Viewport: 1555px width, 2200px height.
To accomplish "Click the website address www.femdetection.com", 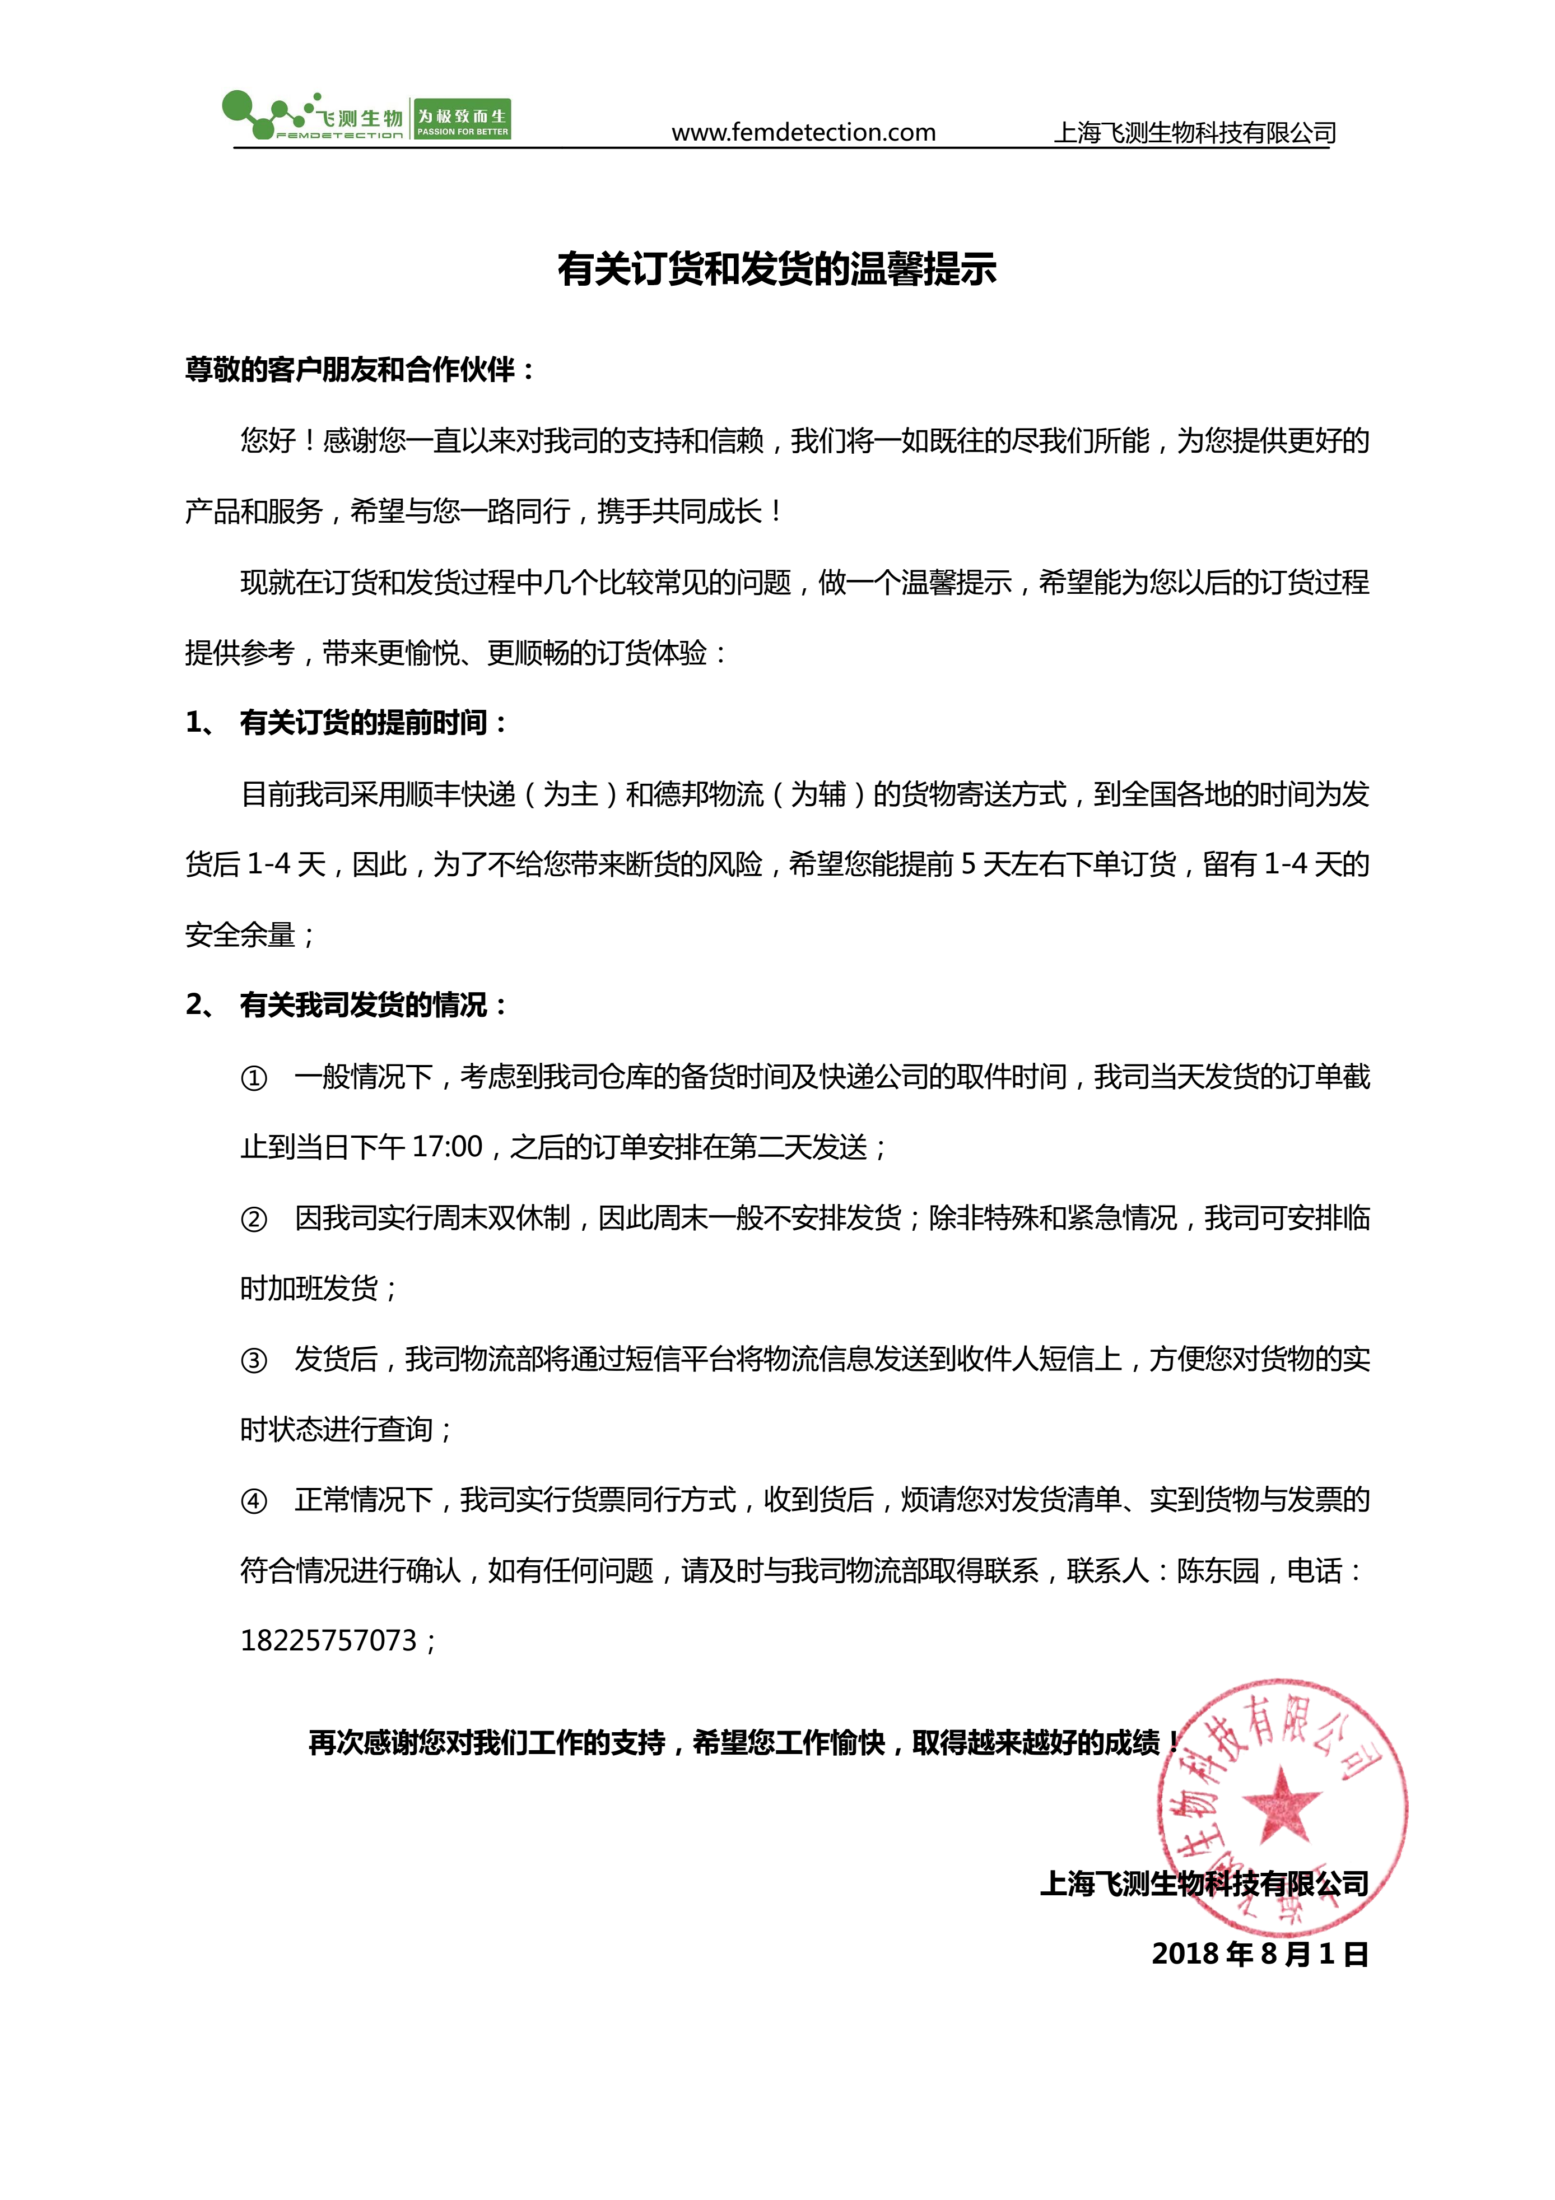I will [803, 132].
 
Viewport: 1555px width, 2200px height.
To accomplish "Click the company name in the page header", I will [1195, 132].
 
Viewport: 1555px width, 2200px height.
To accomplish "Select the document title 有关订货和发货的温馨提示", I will [777, 269].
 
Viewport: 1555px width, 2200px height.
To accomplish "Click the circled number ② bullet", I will [254, 1220].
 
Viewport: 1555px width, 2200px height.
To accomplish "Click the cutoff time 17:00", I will [446, 1147].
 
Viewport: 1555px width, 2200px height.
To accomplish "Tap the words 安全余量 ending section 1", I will [240, 935].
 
